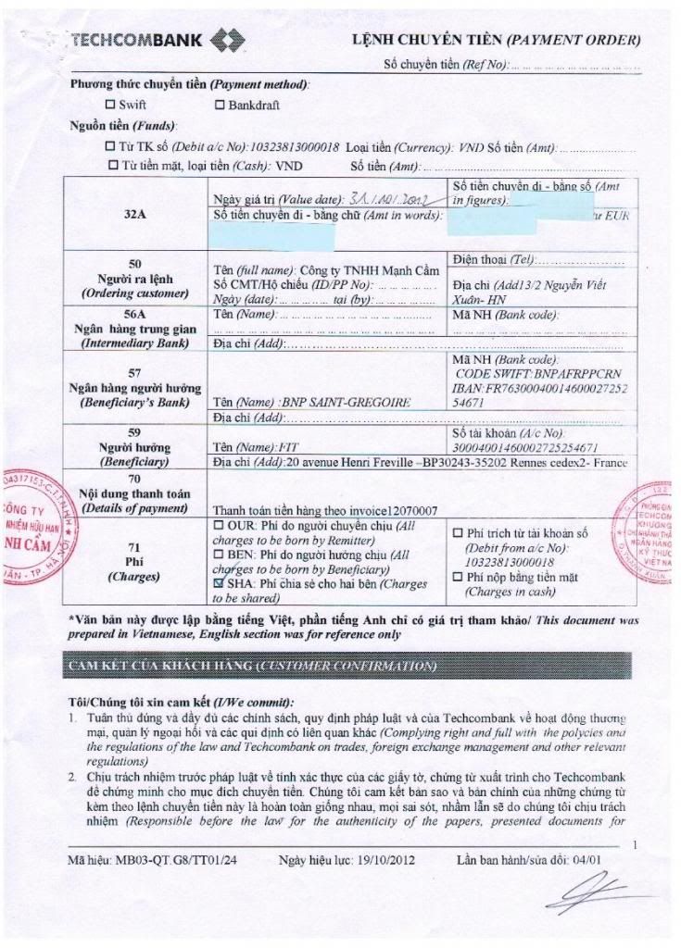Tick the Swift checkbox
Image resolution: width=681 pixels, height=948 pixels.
[x=111, y=106]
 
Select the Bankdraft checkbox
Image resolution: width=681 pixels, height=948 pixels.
[x=220, y=106]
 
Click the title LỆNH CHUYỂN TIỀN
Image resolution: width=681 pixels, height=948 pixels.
[x=426, y=40]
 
